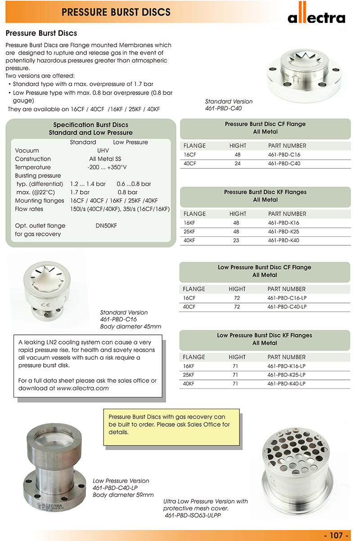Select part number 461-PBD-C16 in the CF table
tap(284, 155)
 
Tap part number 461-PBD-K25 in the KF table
tap(283, 232)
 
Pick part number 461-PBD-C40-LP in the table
tap(287, 307)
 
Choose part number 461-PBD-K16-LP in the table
tap(287, 366)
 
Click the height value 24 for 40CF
tap(238, 164)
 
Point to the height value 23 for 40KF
tap(238, 240)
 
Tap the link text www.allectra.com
tap(83, 388)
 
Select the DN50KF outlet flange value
tap(106, 225)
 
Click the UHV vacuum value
tap(103, 150)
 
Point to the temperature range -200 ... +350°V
tap(107, 167)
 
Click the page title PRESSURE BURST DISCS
tap(116, 12)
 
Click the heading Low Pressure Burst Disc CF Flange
tap(265, 267)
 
